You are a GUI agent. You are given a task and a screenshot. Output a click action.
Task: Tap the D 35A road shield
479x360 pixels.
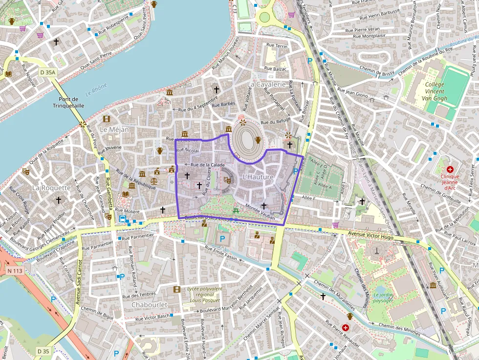[x=48, y=72]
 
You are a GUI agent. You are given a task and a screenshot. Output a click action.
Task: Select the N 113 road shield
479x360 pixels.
[x=15, y=270]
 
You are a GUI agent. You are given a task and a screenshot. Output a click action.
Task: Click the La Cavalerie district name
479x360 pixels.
[x=266, y=84]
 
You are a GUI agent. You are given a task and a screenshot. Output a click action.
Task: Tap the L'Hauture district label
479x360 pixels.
[x=258, y=177]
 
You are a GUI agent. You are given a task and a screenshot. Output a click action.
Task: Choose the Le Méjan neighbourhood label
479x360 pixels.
[x=114, y=129]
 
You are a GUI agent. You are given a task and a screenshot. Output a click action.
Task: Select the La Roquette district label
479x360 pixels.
[x=51, y=188]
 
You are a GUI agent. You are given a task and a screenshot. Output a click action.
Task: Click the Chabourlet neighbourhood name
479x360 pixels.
[x=149, y=304]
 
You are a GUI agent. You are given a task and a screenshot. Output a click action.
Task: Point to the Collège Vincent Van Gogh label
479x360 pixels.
[x=435, y=91]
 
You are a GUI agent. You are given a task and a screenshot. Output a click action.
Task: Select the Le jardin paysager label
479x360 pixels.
[x=383, y=298]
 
